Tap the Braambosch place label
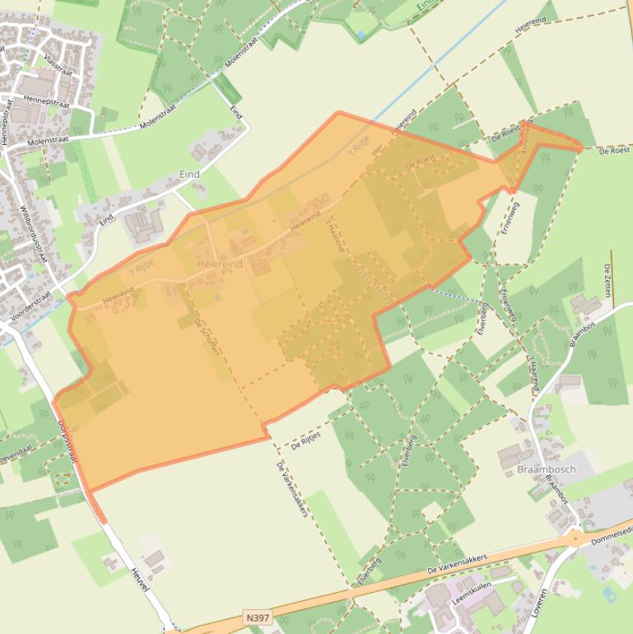[547, 469]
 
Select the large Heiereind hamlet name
[220, 263]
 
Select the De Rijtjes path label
[305, 440]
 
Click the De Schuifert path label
[207, 337]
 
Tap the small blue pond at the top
[361, 35]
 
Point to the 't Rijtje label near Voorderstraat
[142, 268]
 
